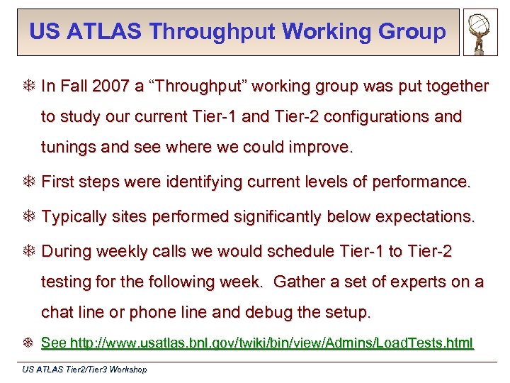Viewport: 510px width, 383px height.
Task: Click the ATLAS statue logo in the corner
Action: coord(481,33)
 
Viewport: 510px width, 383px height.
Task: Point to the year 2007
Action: coord(106,87)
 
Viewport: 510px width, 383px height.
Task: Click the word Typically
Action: coord(74,216)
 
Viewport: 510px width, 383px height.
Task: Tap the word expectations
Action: coord(425,216)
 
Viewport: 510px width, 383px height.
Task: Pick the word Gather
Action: coord(298,282)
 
